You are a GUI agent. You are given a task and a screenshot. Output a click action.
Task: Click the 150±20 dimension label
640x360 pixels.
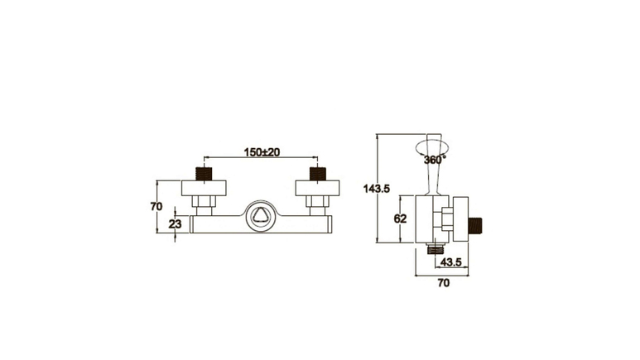pos(262,152)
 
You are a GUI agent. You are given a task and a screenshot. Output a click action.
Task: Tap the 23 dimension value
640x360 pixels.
pos(175,224)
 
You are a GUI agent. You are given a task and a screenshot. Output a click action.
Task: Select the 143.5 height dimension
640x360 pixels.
pos(377,189)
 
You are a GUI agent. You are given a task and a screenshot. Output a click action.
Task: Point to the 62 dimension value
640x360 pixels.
pos(401,218)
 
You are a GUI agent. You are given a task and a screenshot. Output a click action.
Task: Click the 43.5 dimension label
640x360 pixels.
pos(450,262)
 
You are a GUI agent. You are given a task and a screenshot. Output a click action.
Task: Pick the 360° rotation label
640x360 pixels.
pos(435,159)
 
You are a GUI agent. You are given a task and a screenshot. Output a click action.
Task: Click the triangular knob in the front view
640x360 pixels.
pos(261,215)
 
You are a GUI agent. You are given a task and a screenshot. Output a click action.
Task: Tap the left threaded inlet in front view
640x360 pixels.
pos(204,174)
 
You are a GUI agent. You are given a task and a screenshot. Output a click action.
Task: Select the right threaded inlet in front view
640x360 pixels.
pos(318,174)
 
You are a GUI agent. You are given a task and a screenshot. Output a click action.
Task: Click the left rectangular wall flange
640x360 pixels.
pos(204,188)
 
